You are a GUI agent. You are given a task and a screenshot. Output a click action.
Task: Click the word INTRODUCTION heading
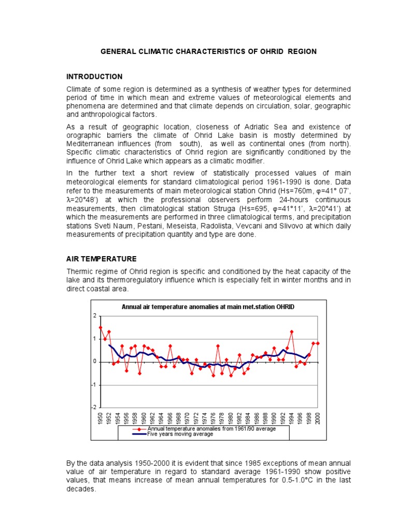pyautogui.click(x=94, y=77)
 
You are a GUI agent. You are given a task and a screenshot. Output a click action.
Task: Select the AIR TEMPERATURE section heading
pyautogui.click(x=101, y=259)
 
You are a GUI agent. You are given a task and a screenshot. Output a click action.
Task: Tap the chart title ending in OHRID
pyautogui.click(x=208, y=307)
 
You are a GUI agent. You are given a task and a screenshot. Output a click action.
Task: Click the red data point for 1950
pyautogui.click(x=101, y=328)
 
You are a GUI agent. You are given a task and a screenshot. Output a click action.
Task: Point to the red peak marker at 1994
pyautogui.click(x=292, y=332)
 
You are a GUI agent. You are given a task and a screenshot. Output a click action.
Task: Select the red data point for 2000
pyautogui.click(x=318, y=343)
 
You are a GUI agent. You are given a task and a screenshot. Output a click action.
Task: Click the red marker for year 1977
pyautogui.click(x=218, y=346)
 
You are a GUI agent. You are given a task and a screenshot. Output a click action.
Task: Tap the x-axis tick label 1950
pyautogui.click(x=101, y=418)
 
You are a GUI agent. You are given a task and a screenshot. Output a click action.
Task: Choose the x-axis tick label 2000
pyautogui.click(x=318, y=418)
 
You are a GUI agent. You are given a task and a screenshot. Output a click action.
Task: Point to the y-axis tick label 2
pyautogui.click(x=95, y=316)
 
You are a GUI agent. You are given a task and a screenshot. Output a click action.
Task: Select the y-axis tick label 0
pyautogui.click(x=95, y=362)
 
